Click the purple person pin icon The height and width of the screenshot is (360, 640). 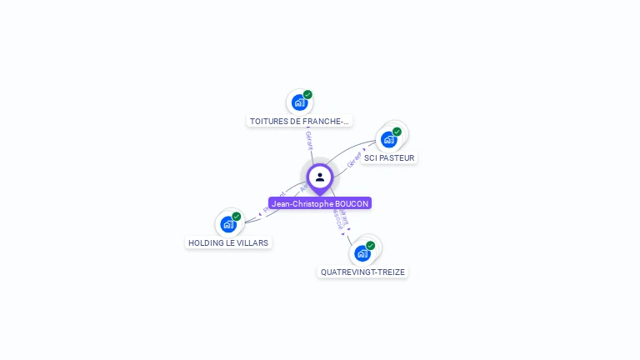click(320, 177)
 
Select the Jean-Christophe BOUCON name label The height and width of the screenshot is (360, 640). click(320, 203)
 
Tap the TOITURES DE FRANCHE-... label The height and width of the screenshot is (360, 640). click(300, 122)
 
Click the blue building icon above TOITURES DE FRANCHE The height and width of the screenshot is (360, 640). click(299, 102)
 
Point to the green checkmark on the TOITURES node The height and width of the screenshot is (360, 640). click(307, 95)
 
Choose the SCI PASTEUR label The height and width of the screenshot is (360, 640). click(389, 158)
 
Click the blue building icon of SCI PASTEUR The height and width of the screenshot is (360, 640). click(388, 139)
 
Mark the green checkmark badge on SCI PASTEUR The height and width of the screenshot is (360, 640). click(397, 132)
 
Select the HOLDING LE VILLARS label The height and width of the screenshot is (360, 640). click(228, 243)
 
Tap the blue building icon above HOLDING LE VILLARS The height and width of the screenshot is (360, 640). click(227, 224)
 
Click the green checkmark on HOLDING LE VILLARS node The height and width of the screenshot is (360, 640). click(236, 217)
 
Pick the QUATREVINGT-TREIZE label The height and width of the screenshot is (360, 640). click(363, 272)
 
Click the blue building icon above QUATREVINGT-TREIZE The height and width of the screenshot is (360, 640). click(362, 253)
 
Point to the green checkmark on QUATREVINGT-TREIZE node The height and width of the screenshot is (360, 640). click(370, 246)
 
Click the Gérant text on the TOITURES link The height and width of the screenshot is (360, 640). click(309, 140)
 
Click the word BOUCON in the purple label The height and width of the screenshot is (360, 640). click(351, 203)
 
